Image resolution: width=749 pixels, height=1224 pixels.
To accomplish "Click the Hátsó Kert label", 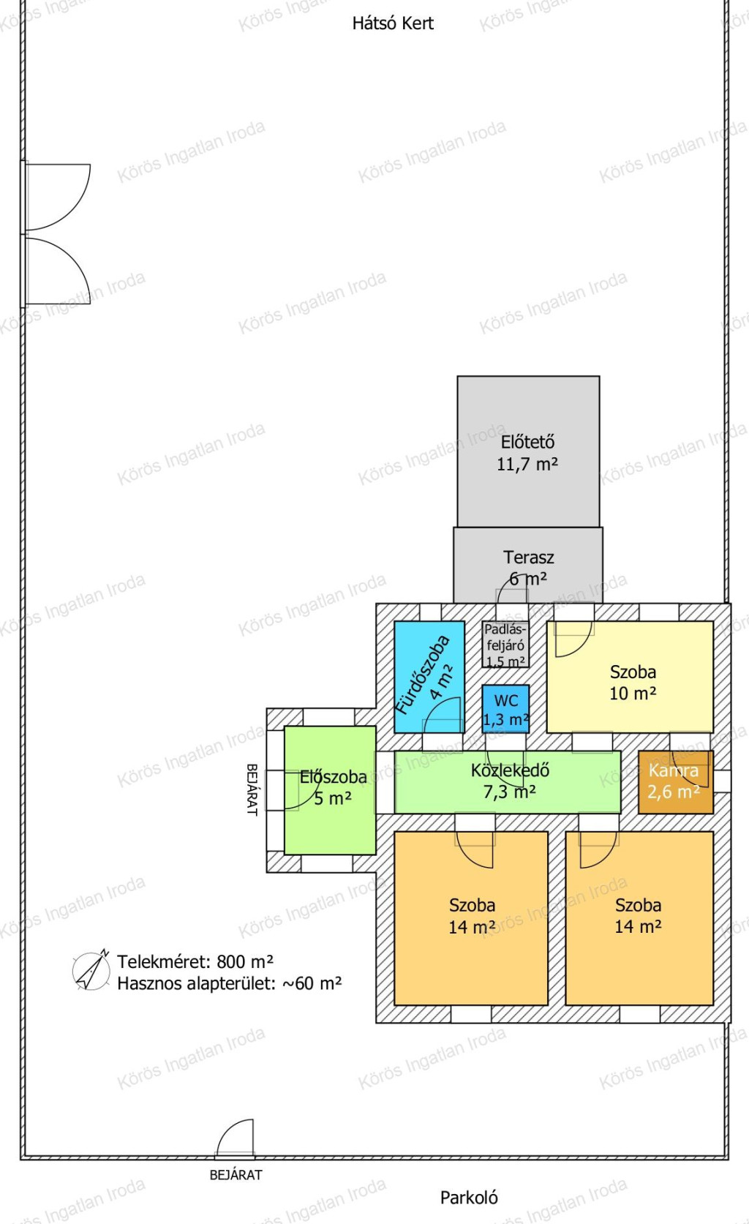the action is [x=393, y=23].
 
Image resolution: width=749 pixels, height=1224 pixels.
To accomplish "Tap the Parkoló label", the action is [x=469, y=1198].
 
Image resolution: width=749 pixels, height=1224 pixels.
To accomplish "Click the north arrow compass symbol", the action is [x=91, y=970].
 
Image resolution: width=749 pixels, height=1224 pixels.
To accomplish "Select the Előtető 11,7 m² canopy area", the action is [x=528, y=451].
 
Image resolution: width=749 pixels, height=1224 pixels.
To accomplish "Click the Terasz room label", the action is [x=528, y=557].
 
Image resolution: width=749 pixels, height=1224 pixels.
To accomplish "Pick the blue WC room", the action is [x=505, y=709].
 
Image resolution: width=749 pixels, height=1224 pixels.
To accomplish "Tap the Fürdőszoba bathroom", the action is [x=429, y=677].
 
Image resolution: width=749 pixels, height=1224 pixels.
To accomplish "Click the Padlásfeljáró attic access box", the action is [x=505, y=645].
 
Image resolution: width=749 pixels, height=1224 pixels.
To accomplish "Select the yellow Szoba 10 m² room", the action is [x=630, y=677].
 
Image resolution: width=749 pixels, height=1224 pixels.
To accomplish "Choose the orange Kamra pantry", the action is [x=676, y=782].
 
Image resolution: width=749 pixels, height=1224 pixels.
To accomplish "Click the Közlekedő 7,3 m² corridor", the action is [x=508, y=782].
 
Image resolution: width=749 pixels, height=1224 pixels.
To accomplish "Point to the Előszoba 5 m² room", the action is [x=330, y=790].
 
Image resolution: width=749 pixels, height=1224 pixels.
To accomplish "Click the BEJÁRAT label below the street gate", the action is [x=236, y=1175].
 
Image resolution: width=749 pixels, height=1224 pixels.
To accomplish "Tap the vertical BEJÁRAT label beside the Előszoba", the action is [x=252, y=789].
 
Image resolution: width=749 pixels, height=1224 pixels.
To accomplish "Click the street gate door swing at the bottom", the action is [x=235, y=1138].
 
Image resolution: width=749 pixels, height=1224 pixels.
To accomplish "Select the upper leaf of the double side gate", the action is [x=58, y=197].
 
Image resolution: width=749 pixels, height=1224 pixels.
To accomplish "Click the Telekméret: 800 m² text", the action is [x=195, y=961].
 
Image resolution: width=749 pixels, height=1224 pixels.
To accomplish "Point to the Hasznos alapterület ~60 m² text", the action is [x=230, y=983].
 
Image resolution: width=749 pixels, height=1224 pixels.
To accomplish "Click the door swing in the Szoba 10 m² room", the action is [x=573, y=639].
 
